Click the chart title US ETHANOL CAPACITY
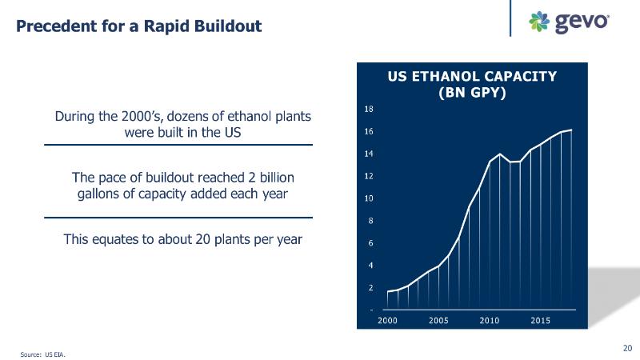click(x=472, y=77)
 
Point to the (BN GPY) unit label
click(x=472, y=92)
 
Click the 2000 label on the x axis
click(x=387, y=321)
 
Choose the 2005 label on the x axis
click(x=438, y=321)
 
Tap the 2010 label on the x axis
click(x=490, y=321)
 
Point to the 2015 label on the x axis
click(x=541, y=321)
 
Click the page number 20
click(x=627, y=347)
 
